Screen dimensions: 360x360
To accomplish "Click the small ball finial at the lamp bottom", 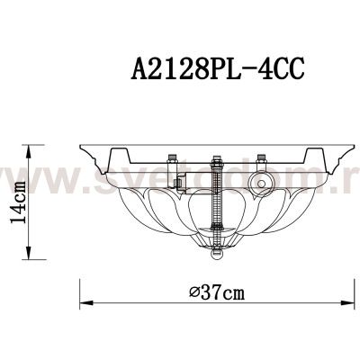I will coord(216,255).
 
